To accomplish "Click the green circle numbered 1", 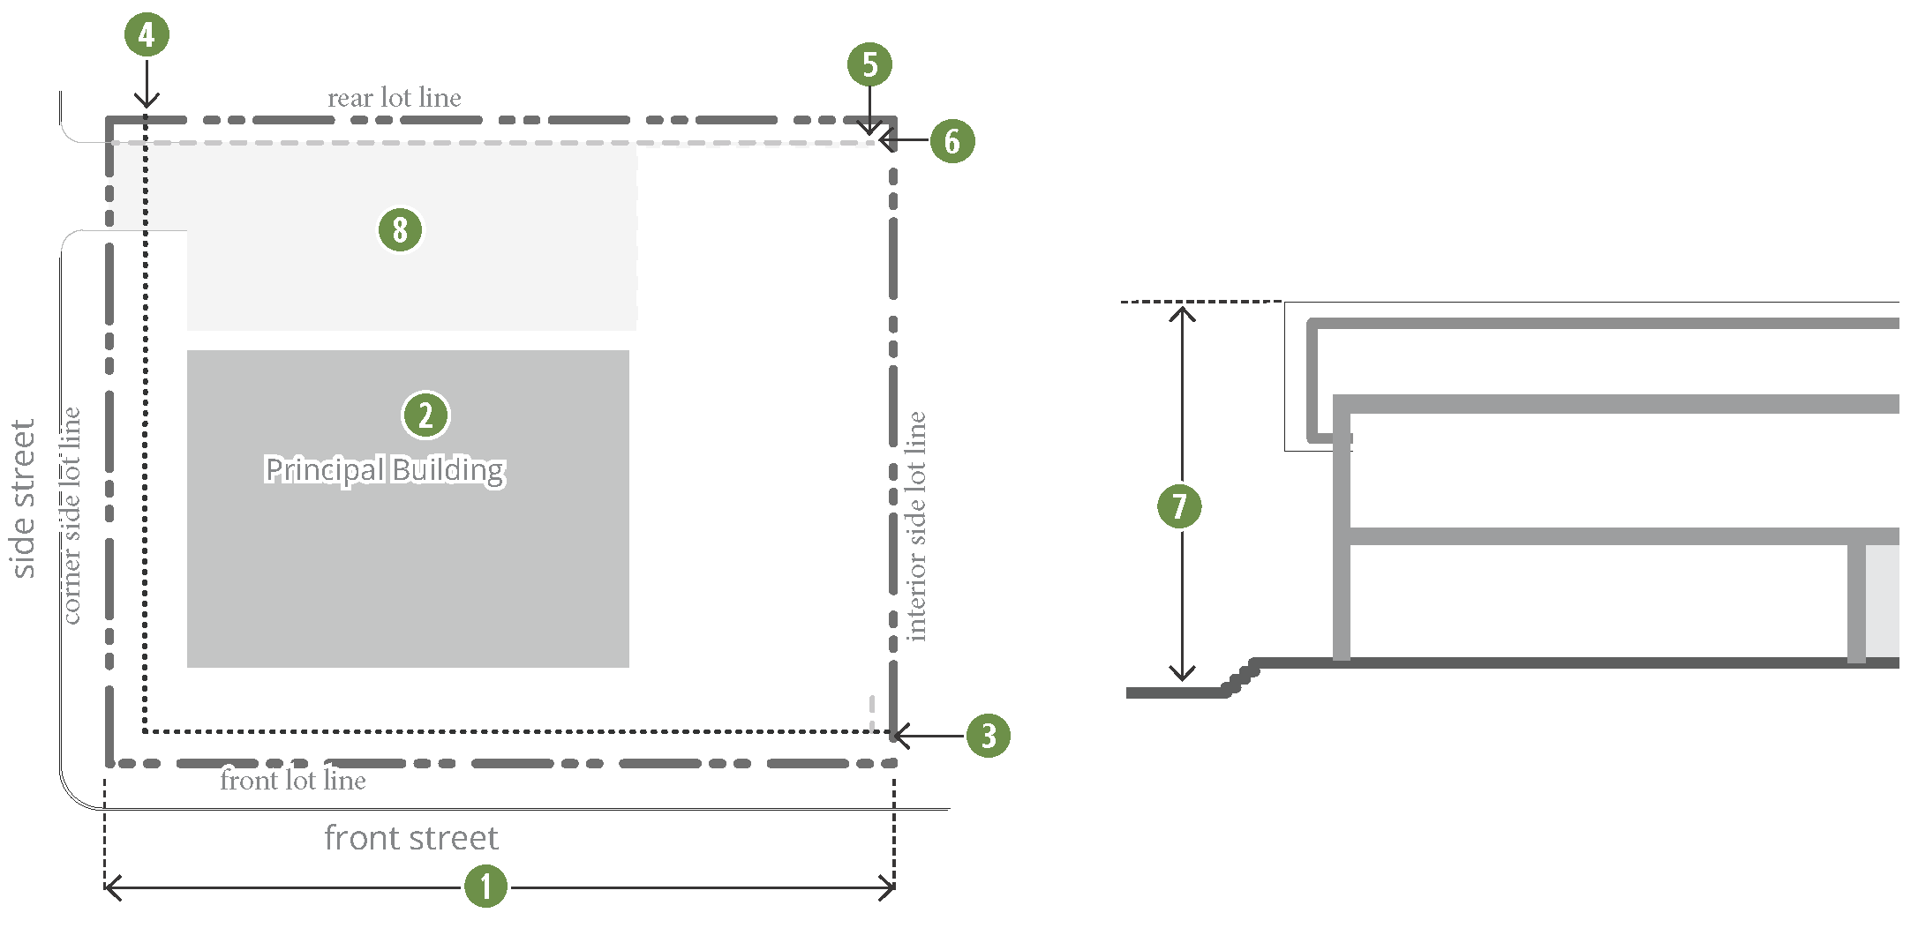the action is coord(485,887).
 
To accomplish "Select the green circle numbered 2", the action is coord(425,415).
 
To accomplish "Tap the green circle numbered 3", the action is coord(988,736).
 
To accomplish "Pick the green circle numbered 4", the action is coord(147,34).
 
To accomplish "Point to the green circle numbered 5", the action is coord(869,64).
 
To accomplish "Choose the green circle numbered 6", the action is coord(952,141).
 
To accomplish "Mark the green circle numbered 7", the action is coord(1179,506).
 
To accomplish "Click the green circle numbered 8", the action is coord(400,229).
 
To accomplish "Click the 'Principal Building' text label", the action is coord(385,469).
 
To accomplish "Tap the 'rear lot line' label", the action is coord(395,98).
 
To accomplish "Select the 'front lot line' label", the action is coord(293,781).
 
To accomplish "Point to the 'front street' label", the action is coord(411,838).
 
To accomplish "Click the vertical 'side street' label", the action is coord(24,498).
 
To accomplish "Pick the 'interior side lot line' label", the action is coord(917,526).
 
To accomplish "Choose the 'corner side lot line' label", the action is coord(71,516).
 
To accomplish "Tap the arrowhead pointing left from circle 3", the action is coord(899,736).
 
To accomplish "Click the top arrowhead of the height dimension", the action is coord(1182,311).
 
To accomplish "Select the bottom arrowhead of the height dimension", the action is coord(1182,675).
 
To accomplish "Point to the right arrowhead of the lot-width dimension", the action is coord(889,888).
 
